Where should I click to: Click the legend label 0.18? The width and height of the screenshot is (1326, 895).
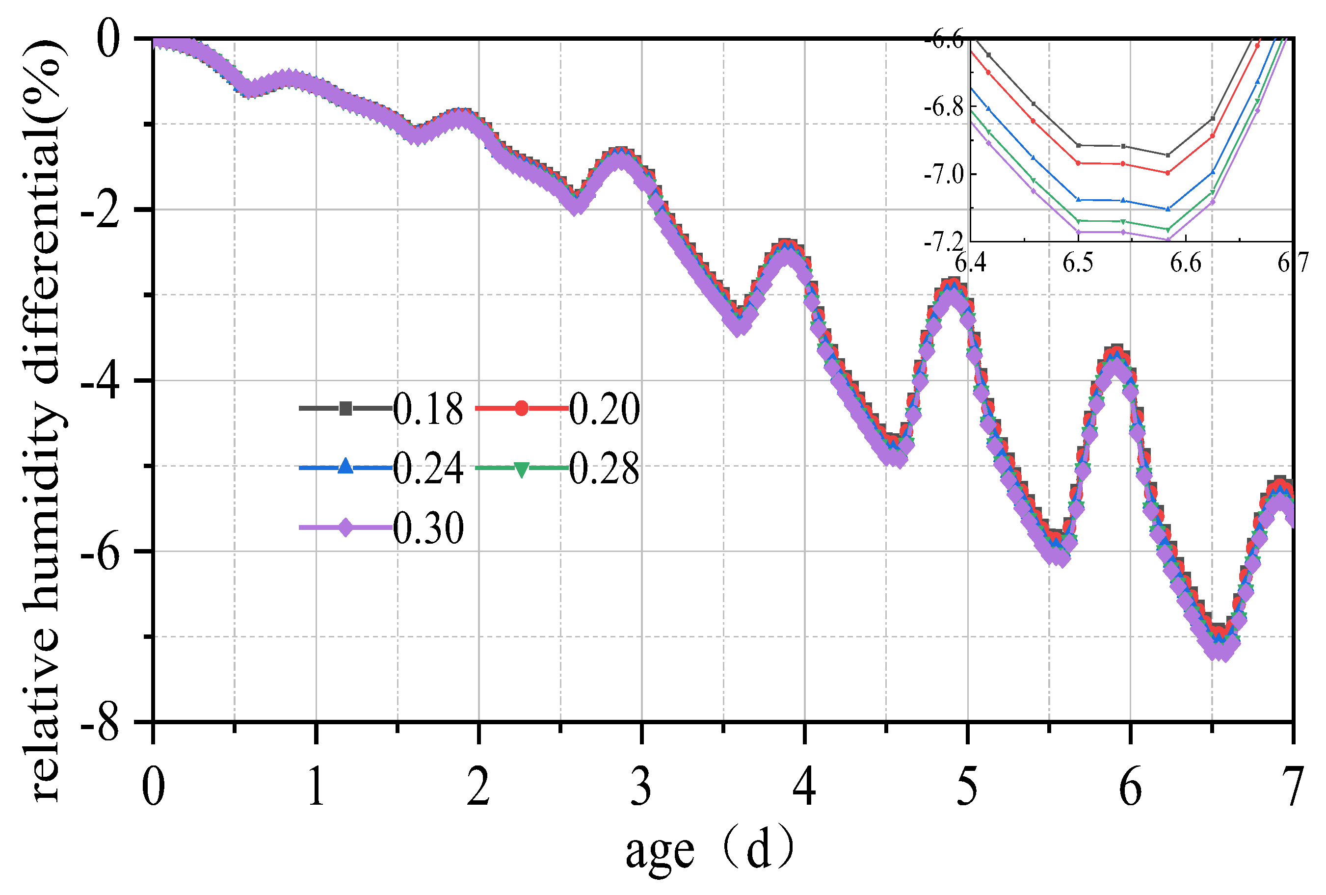pos(428,410)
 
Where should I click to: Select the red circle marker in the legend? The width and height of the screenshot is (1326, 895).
pos(521,408)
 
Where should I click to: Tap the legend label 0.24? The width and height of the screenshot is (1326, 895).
pos(428,468)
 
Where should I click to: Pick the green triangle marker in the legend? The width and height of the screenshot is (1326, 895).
pos(521,469)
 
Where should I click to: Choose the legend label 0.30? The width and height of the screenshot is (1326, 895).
pos(428,528)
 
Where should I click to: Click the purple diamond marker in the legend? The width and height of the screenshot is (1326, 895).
pos(345,527)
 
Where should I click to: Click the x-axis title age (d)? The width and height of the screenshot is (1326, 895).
pos(709,850)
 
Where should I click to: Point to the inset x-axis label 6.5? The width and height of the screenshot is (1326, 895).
pos(1078,263)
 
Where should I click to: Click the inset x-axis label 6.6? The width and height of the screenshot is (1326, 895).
pos(1186,263)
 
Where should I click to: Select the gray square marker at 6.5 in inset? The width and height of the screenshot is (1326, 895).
pos(1078,145)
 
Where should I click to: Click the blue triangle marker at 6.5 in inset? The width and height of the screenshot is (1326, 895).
pos(1078,199)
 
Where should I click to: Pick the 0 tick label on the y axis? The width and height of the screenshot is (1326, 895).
pos(108,40)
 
